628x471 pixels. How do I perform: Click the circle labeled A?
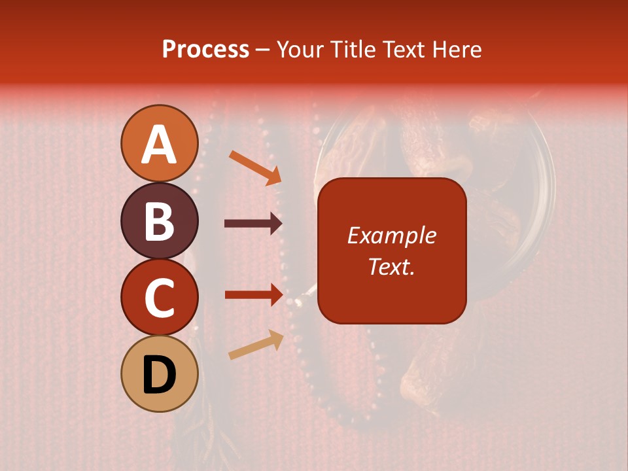[160, 143]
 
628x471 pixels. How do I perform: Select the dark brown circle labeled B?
[160, 220]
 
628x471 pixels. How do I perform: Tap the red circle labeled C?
[160, 298]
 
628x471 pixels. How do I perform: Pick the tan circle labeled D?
[160, 374]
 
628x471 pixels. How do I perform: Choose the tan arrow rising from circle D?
[256, 345]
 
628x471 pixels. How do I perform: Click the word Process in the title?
[205, 49]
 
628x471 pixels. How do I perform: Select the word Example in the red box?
[392, 235]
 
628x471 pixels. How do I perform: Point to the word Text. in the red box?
[392, 266]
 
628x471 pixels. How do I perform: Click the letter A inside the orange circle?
[160, 145]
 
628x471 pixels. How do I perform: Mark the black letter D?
[160, 375]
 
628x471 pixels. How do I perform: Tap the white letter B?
[160, 221]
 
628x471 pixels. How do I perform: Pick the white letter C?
[160, 298]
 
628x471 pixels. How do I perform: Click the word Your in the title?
[302, 49]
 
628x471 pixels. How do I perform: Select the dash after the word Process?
[263, 50]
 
